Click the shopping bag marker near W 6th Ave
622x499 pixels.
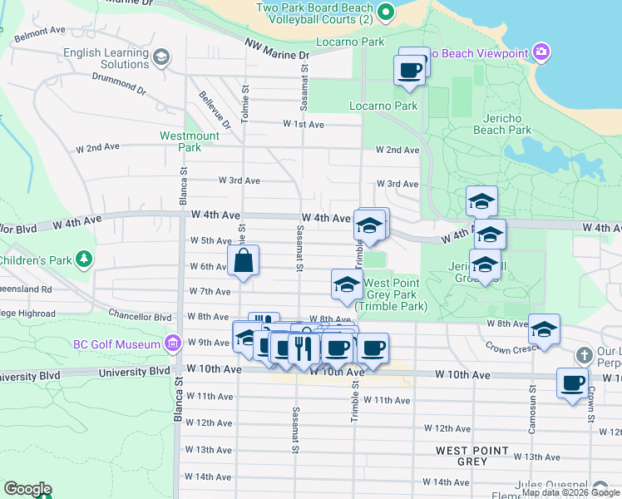[242, 260]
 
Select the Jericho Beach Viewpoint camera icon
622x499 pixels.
[542, 53]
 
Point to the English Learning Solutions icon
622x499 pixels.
[161, 57]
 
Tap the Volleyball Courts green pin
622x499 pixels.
[385, 12]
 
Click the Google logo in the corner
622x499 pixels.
[27, 489]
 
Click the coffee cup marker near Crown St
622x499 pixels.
[572, 383]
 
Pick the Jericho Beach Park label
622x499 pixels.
[502, 124]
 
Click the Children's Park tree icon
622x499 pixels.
[83, 259]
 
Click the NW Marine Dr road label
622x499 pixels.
[277, 50]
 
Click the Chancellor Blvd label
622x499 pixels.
[140, 317]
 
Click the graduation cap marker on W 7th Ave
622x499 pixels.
[347, 285]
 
